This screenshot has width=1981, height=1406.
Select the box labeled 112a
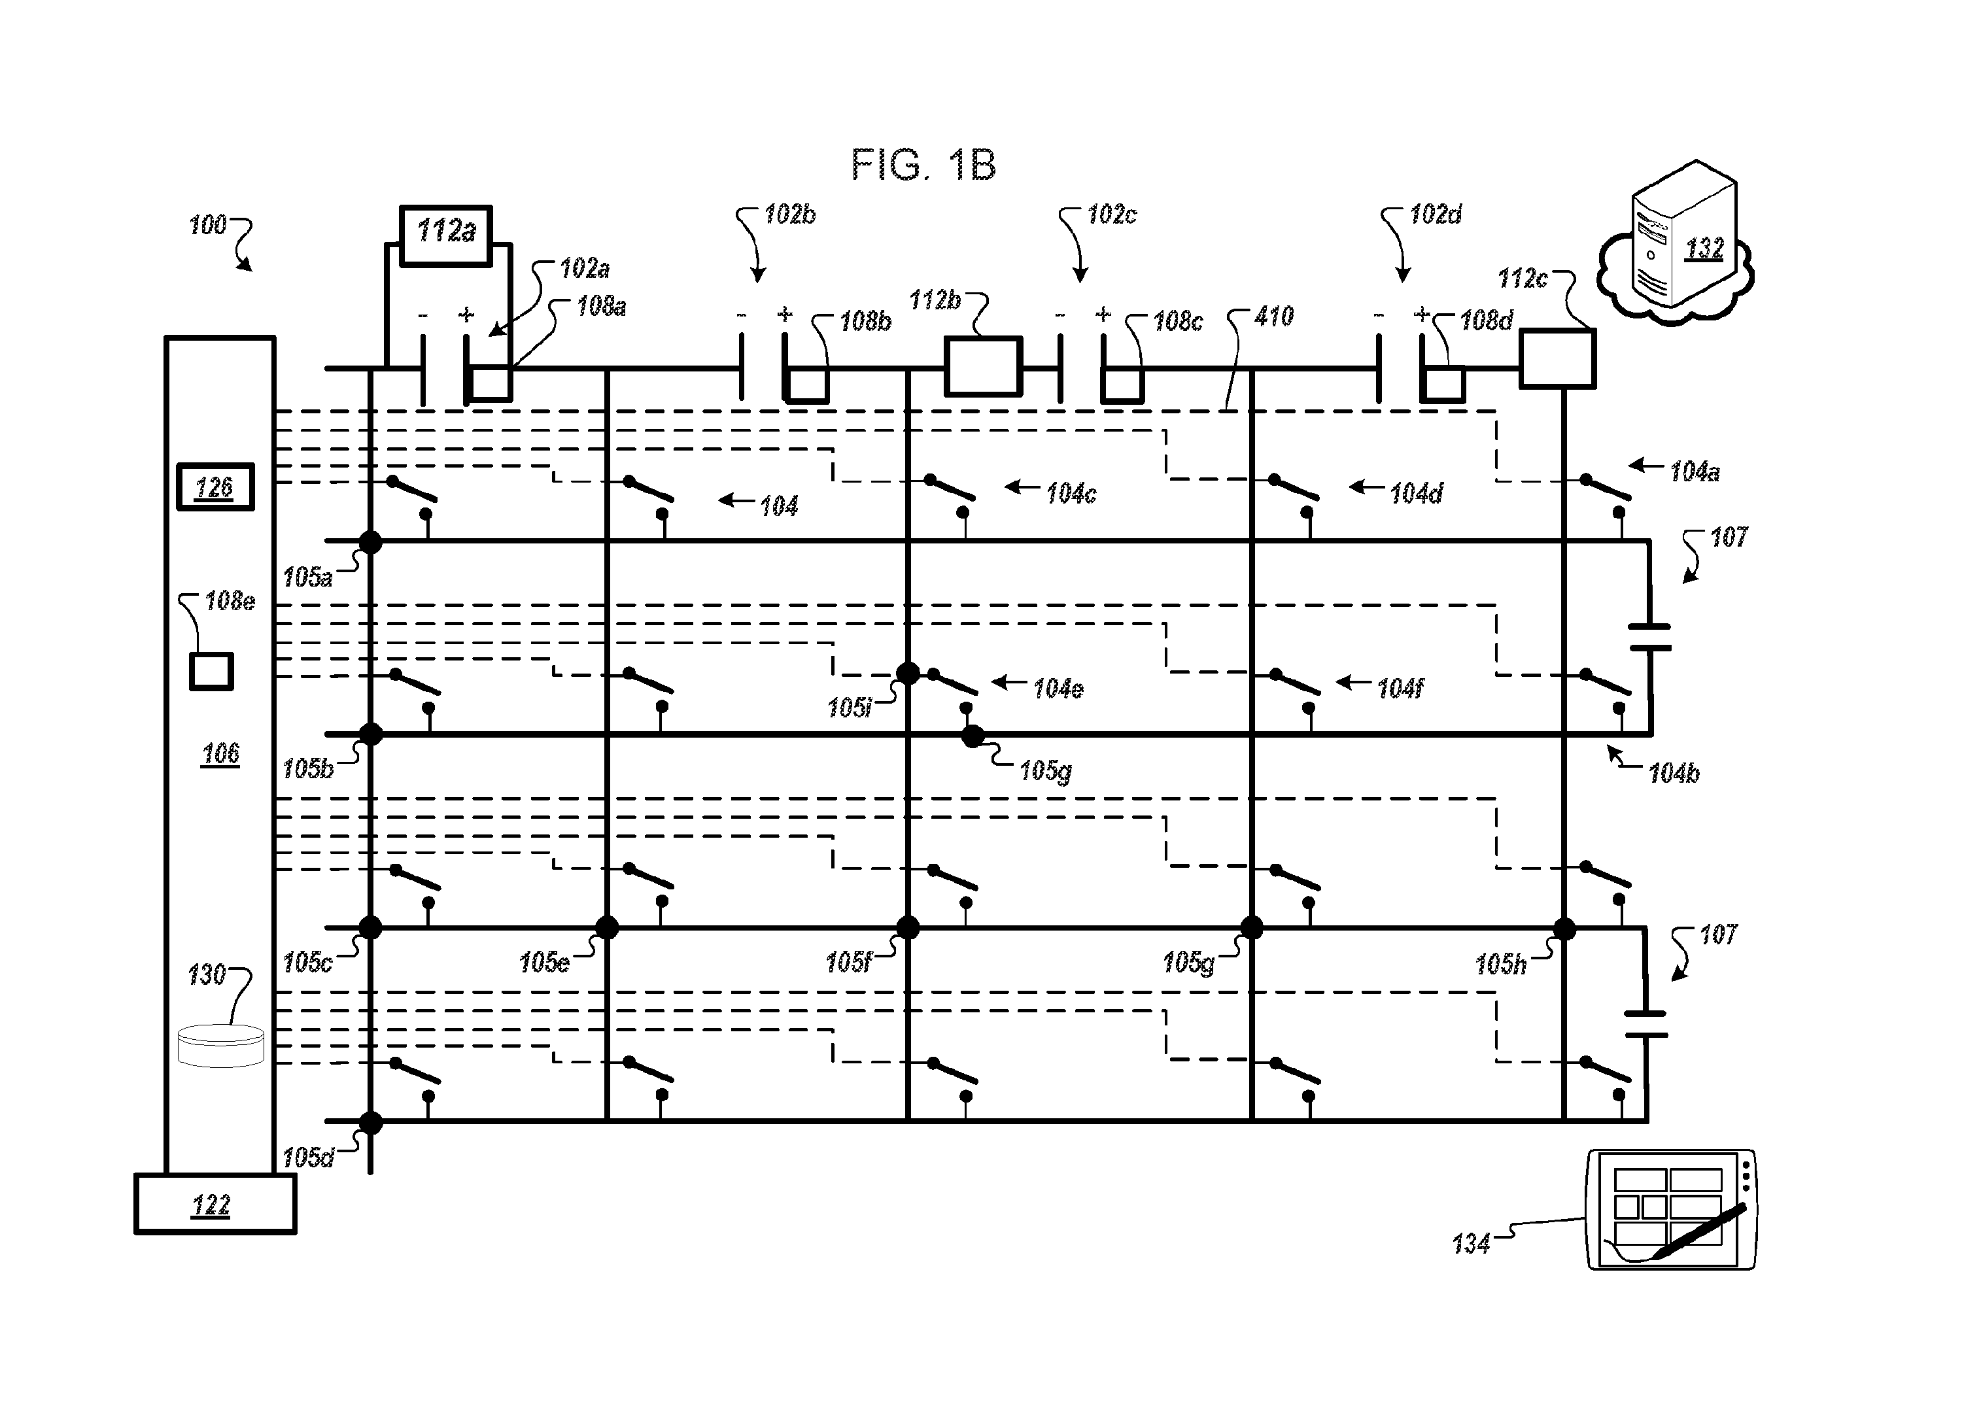(x=446, y=230)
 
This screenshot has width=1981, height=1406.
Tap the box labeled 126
(x=215, y=487)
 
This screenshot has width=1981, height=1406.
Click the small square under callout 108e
(x=211, y=672)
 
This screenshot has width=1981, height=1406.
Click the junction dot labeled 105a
(x=371, y=543)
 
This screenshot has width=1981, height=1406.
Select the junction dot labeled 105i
(x=907, y=673)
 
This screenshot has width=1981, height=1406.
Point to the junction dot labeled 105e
(x=607, y=928)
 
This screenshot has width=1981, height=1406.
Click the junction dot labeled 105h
(x=1564, y=929)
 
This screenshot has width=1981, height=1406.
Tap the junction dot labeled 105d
(x=371, y=1123)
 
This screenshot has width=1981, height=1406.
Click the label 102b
(x=789, y=214)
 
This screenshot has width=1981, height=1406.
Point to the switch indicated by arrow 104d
(x=1294, y=487)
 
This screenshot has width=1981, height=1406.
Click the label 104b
(x=1674, y=773)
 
